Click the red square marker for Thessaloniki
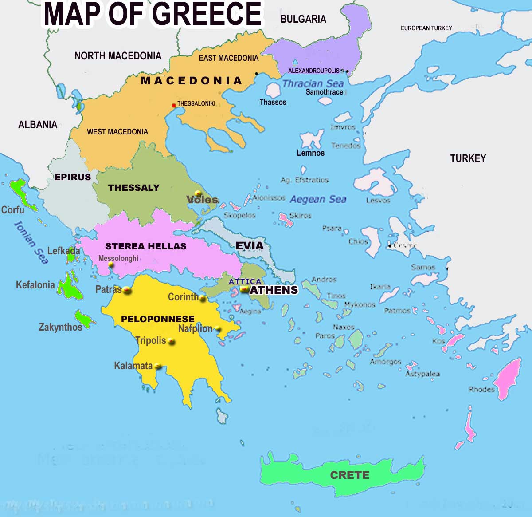tap(173, 105)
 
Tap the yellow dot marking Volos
tap(198, 193)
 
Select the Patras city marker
tap(127, 290)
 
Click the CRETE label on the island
tap(349, 475)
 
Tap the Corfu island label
tap(12, 209)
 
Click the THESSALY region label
tap(133, 187)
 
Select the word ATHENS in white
tap(274, 290)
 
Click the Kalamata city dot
tap(158, 367)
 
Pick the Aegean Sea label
tap(318, 199)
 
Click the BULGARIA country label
tap(303, 19)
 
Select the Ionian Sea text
tap(31, 242)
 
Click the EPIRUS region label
tap(73, 177)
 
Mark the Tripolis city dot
tap(171, 342)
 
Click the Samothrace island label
tap(324, 92)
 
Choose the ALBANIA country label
tap(38, 125)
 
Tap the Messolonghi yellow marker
tap(110, 265)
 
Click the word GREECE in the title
tap(207, 14)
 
